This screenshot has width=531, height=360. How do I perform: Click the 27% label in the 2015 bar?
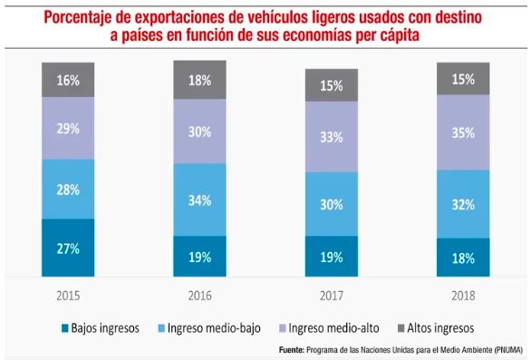(x=68, y=248)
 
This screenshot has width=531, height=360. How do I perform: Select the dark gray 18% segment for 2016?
(x=200, y=80)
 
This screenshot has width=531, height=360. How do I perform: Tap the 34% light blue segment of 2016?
(x=200, y=200)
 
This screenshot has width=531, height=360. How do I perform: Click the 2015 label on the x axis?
(x=68, y=296)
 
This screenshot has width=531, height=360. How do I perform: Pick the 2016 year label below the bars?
(x=200, y=296)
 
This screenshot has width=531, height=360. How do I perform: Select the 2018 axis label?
(x=463, y=296)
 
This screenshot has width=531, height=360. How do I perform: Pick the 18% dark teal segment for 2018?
(x=463, y=257)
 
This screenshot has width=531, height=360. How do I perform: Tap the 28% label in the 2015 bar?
(x=68, y=190)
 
